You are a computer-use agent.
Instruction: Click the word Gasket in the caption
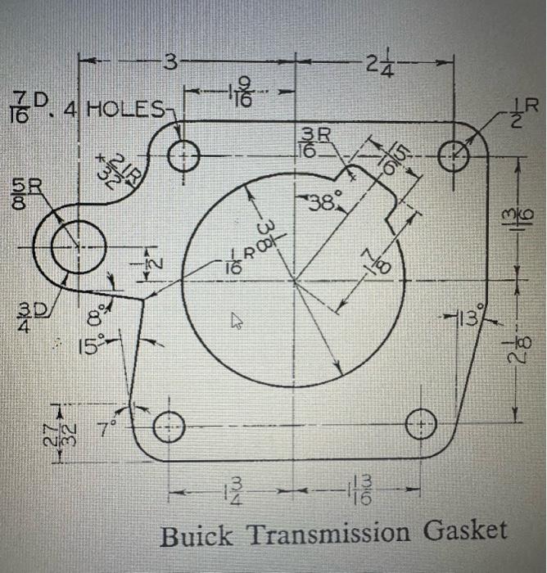[465, 533]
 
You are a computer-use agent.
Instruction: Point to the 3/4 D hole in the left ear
[79, 247]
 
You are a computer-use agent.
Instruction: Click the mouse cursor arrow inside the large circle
[237, 322]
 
